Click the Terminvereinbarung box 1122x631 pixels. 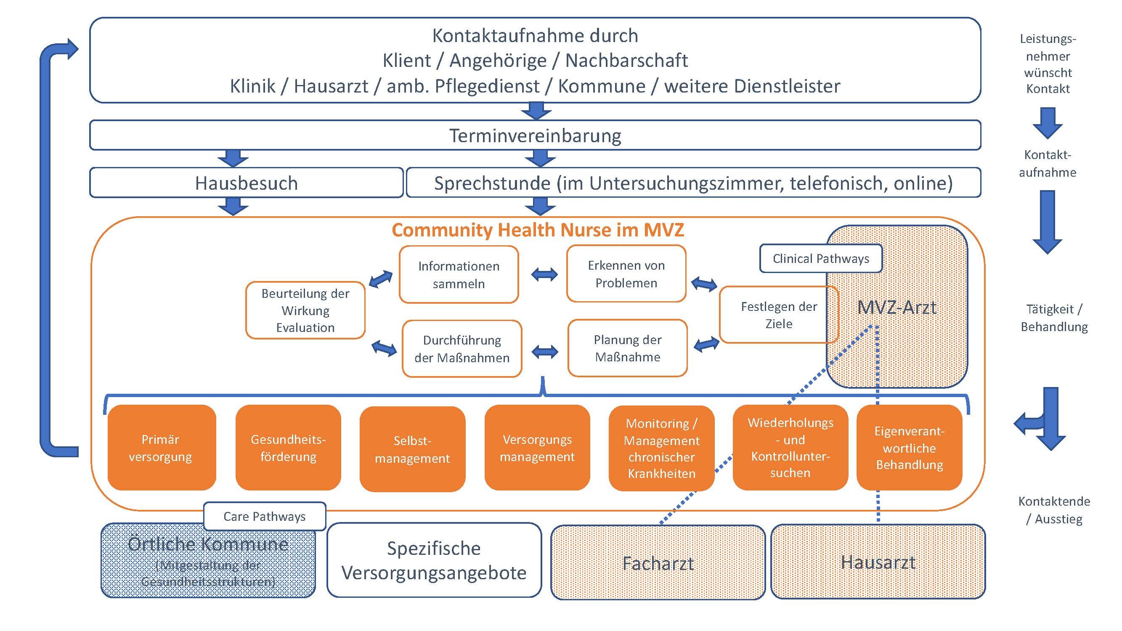point(535,135)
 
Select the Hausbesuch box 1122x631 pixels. point(246,183)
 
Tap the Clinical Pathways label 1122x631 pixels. point(821,258)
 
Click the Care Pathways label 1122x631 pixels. point(264,516)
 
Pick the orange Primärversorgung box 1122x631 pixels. point(162,448)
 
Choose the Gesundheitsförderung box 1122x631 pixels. point(288,448)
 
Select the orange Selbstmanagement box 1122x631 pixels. point(412,449)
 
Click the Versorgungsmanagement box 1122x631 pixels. point(537,448)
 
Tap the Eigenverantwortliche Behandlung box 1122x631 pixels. point(909,448)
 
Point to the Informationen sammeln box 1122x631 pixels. point(459,274)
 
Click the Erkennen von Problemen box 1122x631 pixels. point(626,273)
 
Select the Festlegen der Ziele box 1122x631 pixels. point(779,314)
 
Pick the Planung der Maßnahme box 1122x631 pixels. point(627,348)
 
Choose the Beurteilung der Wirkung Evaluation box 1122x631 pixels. point(305,310)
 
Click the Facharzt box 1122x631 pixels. point(658,562)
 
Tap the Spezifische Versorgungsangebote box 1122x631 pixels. point(434,560)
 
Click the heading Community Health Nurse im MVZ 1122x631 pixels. point(538,230)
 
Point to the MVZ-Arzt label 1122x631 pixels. point(897,308)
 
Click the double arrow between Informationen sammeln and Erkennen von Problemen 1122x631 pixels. point(544,274)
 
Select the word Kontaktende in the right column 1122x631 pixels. point(1054,501)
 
